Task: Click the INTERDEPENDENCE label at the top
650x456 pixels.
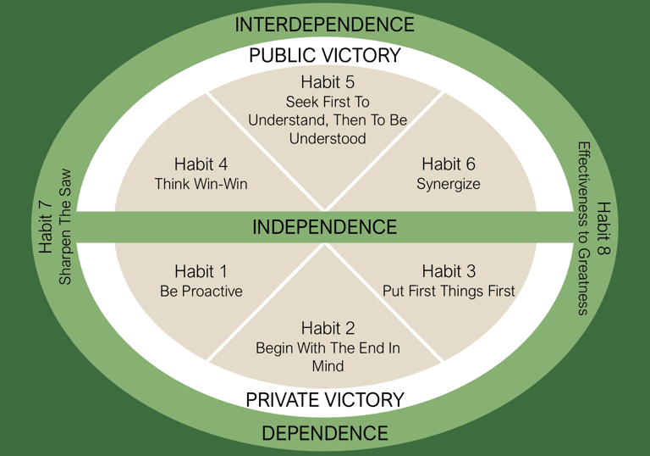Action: pyautogui.click(x=325, y=25)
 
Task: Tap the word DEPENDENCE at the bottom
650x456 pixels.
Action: pyautogui.click(x=325, y=433)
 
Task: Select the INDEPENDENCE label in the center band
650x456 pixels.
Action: pyautogui.click(x=325, y=227)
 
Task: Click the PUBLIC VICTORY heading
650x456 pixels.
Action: pyautogui.click(x=325, y=56)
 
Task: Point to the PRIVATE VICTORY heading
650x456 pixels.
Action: pyautogui.click(x=325, y=399)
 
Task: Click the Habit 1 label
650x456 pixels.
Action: pyautogui.click(x=201, y=271)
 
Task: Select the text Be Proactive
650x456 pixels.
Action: pyautogui.click(x=201, y=292)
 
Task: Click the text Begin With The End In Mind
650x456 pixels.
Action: pyautogui.click(x=328, y=357)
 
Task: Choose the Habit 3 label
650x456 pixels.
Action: pyautogui.click(x=449, y=271)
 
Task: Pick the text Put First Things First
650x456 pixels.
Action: pyautogui.click(x=449, y=292)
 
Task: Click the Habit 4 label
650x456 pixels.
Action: pyautogui.click(x=201, y=164)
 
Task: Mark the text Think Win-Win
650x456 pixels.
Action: pyautogui.click(x=201, y=184)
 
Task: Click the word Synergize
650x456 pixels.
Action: pyautogui.click(x=449, y=184)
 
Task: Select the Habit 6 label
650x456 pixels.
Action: pyautogui.click(x=449, y=164)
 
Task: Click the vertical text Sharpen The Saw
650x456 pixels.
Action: pyautogui.click(x=66, y=227)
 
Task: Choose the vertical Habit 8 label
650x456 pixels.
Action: pyautogui.click(x=603, y=227)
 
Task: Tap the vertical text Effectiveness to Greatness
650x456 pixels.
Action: pyautogui.click(x=583, y=227)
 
